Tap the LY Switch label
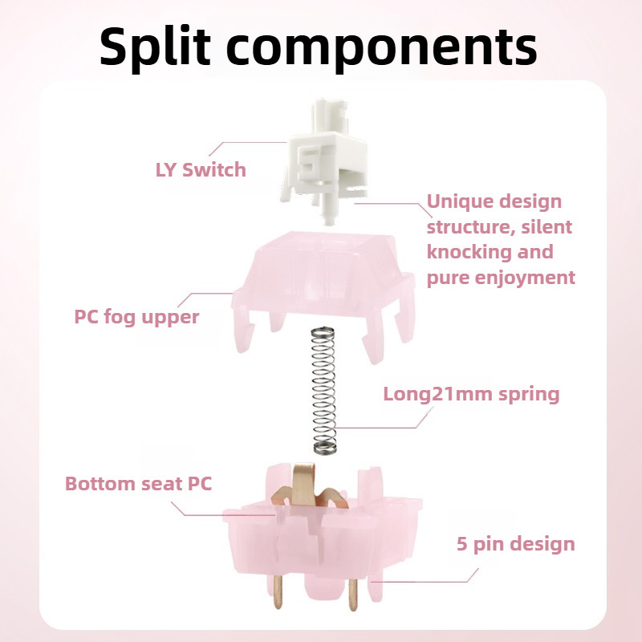tap(201, 170)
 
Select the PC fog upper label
tap(136, 316)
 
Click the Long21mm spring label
tap(471, 394)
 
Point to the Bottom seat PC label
tap(139, 484)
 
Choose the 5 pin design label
tap(516, 544)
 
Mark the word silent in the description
tap(546, 226)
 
